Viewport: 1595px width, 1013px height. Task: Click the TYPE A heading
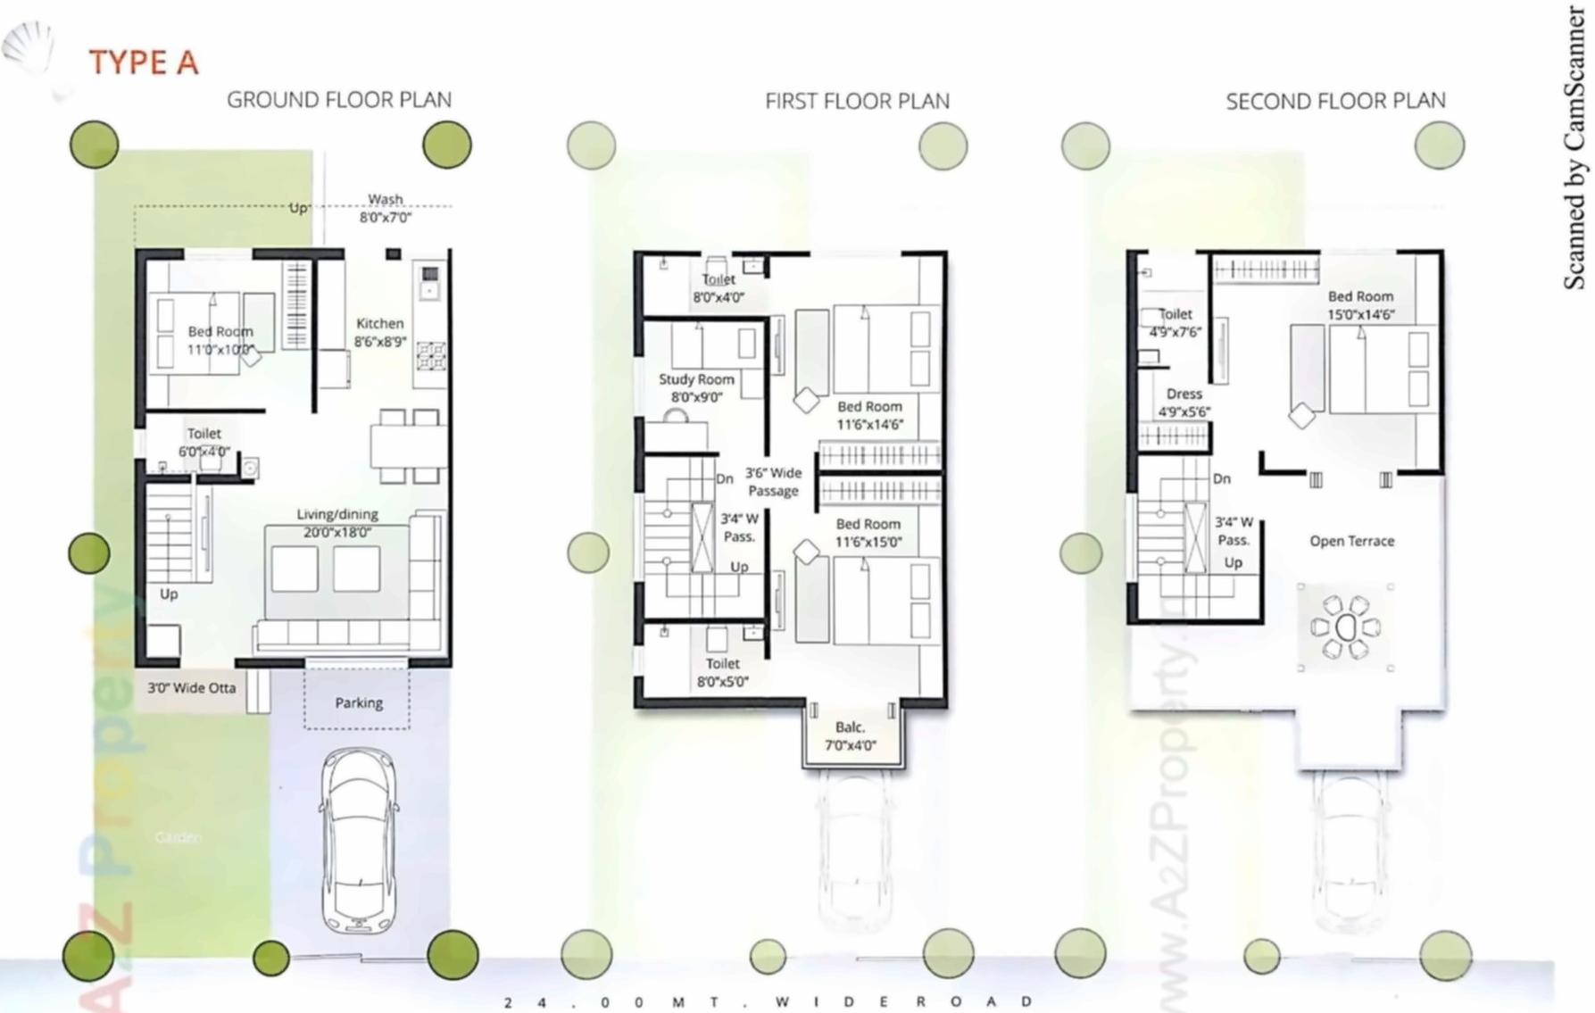(x=143, y=63)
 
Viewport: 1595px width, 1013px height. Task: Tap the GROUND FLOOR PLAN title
(x=338, y=100)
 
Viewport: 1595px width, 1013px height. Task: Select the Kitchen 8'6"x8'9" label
(x=379, y=332)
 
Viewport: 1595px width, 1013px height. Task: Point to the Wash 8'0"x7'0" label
(x=386, y=208)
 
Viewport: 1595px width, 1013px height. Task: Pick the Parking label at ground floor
(x=359, y=703)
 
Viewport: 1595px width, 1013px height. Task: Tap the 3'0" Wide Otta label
(x=191, y=688)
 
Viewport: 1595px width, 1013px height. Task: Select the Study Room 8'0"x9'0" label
(x=696, y=388)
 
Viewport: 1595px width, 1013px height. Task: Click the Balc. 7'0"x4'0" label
(x=850, y=736)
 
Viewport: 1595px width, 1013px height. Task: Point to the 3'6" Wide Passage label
(x=773, y=482)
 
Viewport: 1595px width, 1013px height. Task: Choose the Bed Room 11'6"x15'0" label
(x=868, y=533)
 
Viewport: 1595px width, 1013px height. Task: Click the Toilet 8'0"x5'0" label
(x=722, y=672)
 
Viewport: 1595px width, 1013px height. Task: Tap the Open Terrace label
(x=1351, y=541)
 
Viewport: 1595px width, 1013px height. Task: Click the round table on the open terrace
(x=1345, y=627)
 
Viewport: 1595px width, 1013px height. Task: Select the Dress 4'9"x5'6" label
(x=1184, y=403)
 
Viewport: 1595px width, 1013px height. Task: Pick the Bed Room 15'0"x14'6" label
(x=1360, y=305)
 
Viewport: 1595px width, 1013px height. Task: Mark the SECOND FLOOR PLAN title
(x=1335, y=102)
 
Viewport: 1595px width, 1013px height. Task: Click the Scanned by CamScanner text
(x=1574, y=147)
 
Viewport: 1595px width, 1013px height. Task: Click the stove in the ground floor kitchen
(x=430, y=355)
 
